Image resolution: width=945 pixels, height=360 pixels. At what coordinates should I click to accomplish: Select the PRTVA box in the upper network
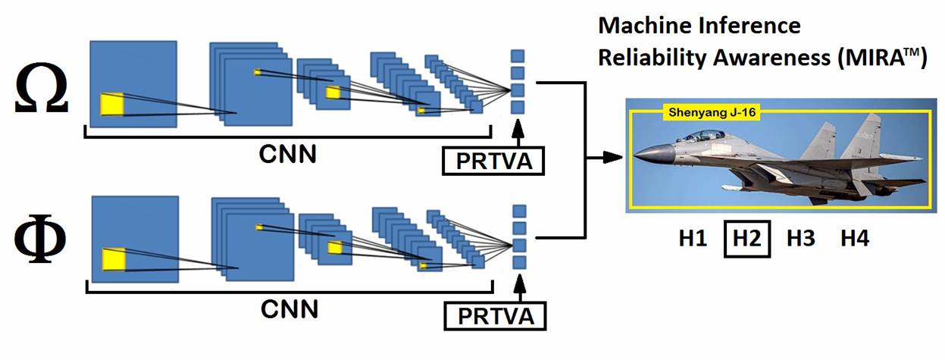click(x=493, y=161)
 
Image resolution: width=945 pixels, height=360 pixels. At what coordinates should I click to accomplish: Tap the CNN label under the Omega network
click(x=288, y=153)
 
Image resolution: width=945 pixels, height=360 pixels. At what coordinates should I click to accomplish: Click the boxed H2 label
click(x=746, y=239)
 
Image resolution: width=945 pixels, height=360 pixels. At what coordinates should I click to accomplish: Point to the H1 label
click(x=693, y=239)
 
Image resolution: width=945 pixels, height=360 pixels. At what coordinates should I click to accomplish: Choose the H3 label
click(x=800, y=239)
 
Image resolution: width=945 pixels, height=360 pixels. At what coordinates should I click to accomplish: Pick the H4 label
click(x=854, y=239)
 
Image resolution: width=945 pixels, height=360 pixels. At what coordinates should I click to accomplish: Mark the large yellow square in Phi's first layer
click(x=114, y=258)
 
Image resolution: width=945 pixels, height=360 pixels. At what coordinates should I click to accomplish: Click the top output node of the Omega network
click(x=518, y=55)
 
